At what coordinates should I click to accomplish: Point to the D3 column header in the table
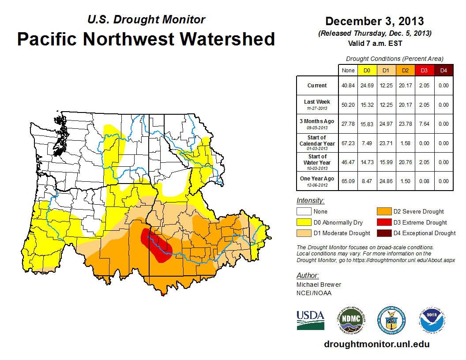(x=424, y=70)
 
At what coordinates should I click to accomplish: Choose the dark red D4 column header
(x=443, y=70)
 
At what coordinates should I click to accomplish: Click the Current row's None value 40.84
(x=348, y=86)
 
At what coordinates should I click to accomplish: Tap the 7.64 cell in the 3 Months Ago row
(x=424, y=124)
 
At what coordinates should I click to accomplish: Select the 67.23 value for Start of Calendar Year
(x=348, y=143)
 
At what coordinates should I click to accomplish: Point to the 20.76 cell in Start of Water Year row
(x=405, y=162)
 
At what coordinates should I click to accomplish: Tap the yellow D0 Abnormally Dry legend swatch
(x=304, y=222)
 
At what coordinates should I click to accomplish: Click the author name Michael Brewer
(x=319, y=285)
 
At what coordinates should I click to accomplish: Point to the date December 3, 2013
(x=374, y=21)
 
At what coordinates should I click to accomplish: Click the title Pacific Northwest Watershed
(x=146, y=39)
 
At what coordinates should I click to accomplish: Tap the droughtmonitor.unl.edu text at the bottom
(x=376, y=344)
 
